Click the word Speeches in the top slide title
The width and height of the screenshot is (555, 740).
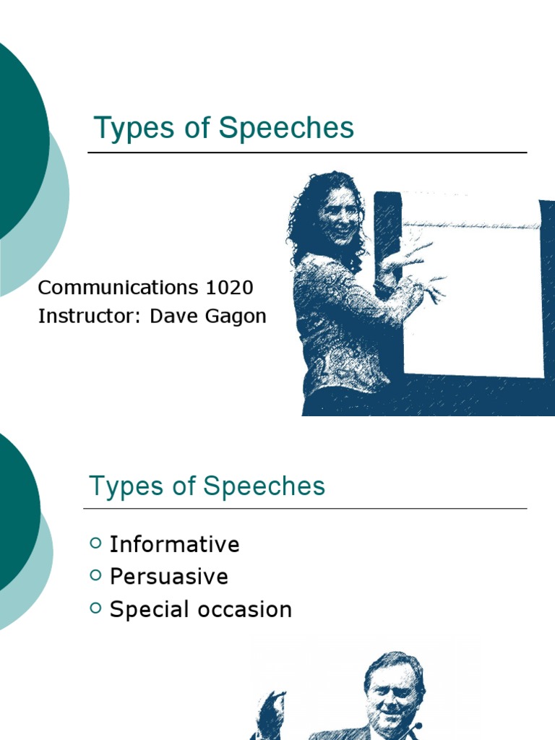287,129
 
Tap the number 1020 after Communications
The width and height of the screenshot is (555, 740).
229,288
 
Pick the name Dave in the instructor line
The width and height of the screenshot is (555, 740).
171,317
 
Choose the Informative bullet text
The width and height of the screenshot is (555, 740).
174,544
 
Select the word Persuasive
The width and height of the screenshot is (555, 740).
168,577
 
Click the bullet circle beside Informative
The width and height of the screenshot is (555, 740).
96,543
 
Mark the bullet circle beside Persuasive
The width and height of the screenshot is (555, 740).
96,575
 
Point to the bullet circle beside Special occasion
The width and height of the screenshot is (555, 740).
96,608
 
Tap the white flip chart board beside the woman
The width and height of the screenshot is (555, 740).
473,289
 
